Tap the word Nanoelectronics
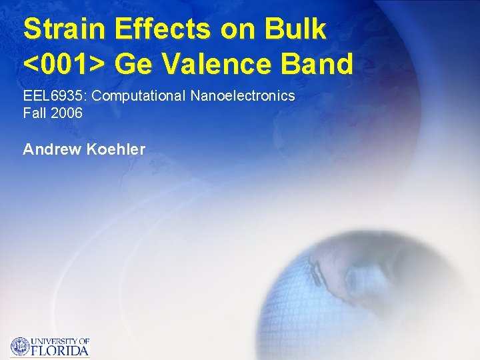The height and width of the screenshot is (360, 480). [243, 96]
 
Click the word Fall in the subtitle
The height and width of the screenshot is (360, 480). [34, 113]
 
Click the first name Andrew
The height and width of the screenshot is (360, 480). [53, 149]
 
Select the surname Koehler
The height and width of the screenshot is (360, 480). [116, 149]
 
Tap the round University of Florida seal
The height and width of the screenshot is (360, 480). [20, 346]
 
